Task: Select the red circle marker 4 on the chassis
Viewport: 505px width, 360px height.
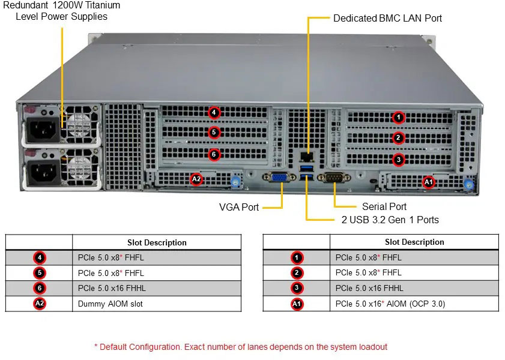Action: click(214, 112)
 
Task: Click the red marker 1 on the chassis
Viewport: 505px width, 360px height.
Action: click(399, 117)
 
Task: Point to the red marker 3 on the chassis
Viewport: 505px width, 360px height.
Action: click(399, 159)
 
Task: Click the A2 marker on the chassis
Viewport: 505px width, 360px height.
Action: click(196, 178)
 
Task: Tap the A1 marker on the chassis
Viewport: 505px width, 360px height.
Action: click(428, 181)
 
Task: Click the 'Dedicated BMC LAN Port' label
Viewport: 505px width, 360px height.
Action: click(387, 18)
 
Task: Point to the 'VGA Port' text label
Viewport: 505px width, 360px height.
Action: click(239, 207)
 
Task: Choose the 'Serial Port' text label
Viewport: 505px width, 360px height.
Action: click(384, 206)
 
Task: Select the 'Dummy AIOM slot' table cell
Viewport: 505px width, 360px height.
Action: click(110, 304)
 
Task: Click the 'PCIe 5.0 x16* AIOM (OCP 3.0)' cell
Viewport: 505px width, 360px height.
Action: click(390, 304)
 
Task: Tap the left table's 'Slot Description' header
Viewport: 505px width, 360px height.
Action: click(157, 242)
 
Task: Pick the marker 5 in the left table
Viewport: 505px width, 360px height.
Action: click(40, 273)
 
